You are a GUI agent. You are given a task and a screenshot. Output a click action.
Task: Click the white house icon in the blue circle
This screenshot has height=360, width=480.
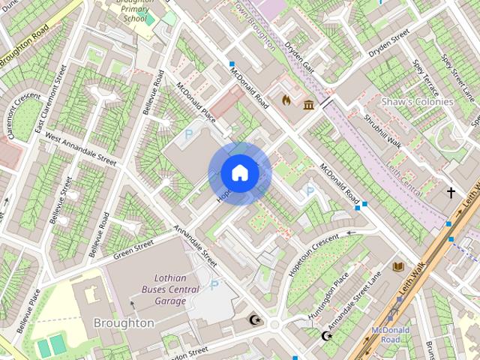click(239, 173)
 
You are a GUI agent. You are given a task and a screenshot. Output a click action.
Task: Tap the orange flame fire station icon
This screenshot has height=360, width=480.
click(286, 99)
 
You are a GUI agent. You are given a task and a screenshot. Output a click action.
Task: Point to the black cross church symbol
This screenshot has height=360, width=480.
click(451, 193)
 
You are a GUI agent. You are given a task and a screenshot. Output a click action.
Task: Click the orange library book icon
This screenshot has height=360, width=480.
click(397, 266)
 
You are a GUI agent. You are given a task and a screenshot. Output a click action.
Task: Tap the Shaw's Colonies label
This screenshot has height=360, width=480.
click(417, 101)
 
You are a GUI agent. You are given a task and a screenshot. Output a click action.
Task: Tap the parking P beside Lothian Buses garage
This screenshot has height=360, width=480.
click(214, 284)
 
